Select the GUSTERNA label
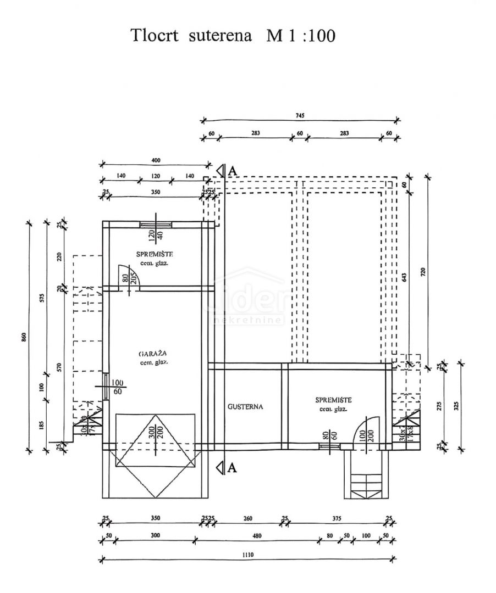pos(245,407)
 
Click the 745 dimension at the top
pos(300,115)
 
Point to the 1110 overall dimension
pos(247,555)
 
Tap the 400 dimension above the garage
pos(155,160)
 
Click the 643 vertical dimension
pos(405,278)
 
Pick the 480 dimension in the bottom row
pos(257,536)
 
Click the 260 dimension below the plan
pos(248,518)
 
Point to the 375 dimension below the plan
pos(337,518)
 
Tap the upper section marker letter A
pos(232,171)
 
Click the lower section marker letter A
pos(232,468)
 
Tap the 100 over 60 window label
pos(117,387)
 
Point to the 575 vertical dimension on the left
pos(42,299)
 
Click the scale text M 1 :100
pos(301,36)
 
